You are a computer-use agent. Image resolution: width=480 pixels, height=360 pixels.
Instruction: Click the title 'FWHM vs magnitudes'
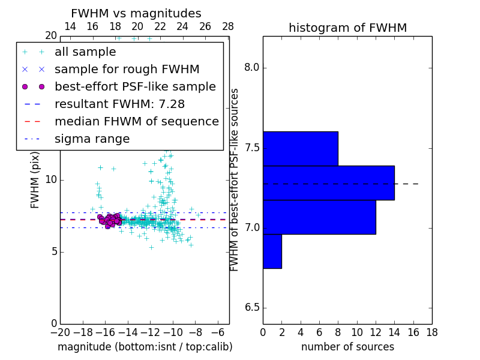point(136,13)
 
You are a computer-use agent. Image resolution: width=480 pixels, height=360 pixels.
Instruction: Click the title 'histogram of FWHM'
point(347,28)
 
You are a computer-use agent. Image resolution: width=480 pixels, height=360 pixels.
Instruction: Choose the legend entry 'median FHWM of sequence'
point(136,122)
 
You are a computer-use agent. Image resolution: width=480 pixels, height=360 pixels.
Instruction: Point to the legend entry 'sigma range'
point(92,139)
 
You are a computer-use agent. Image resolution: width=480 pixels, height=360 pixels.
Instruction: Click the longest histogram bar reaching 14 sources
point(328,183)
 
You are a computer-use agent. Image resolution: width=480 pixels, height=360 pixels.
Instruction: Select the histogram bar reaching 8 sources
point(300,148)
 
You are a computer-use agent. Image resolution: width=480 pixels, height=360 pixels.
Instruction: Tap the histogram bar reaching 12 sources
point(319,217)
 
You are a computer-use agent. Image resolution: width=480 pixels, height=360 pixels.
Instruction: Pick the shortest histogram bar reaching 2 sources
point(272,251)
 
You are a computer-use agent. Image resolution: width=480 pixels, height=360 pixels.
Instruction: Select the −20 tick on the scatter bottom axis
point(60,332)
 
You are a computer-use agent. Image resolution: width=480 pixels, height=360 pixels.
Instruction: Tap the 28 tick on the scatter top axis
point(228,26)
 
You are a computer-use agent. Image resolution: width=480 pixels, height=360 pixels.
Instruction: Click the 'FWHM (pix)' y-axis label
point(35,180)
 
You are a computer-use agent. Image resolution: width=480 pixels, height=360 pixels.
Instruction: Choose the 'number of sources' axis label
point(347,347)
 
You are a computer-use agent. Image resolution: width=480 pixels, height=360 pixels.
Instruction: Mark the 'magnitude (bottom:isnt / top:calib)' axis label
point(145,347)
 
